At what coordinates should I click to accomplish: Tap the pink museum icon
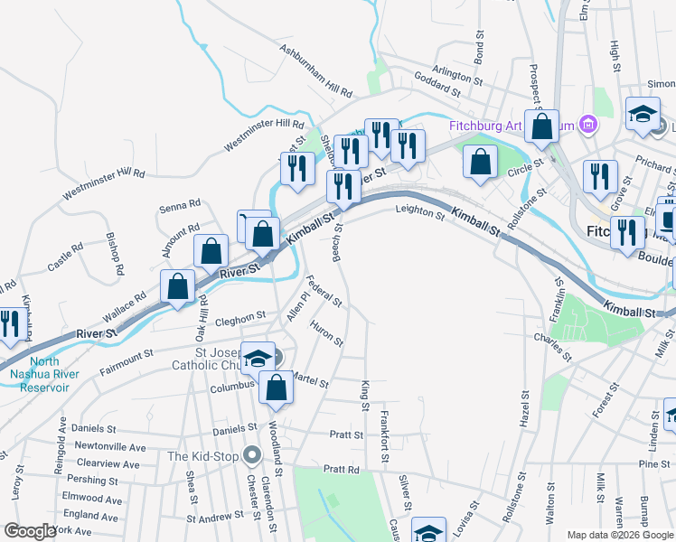point(588,124)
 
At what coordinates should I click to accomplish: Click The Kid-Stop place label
point(202,456)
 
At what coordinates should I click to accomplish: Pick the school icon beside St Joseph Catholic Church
point(258,358)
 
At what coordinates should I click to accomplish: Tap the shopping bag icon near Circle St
point(481,163)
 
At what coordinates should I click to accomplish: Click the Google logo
point(30,531)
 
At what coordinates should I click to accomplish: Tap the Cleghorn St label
point(240,317)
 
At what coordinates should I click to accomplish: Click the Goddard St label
point(437,87)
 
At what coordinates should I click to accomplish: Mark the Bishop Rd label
point(114,258)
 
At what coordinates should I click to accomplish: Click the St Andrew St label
point(215,519)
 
